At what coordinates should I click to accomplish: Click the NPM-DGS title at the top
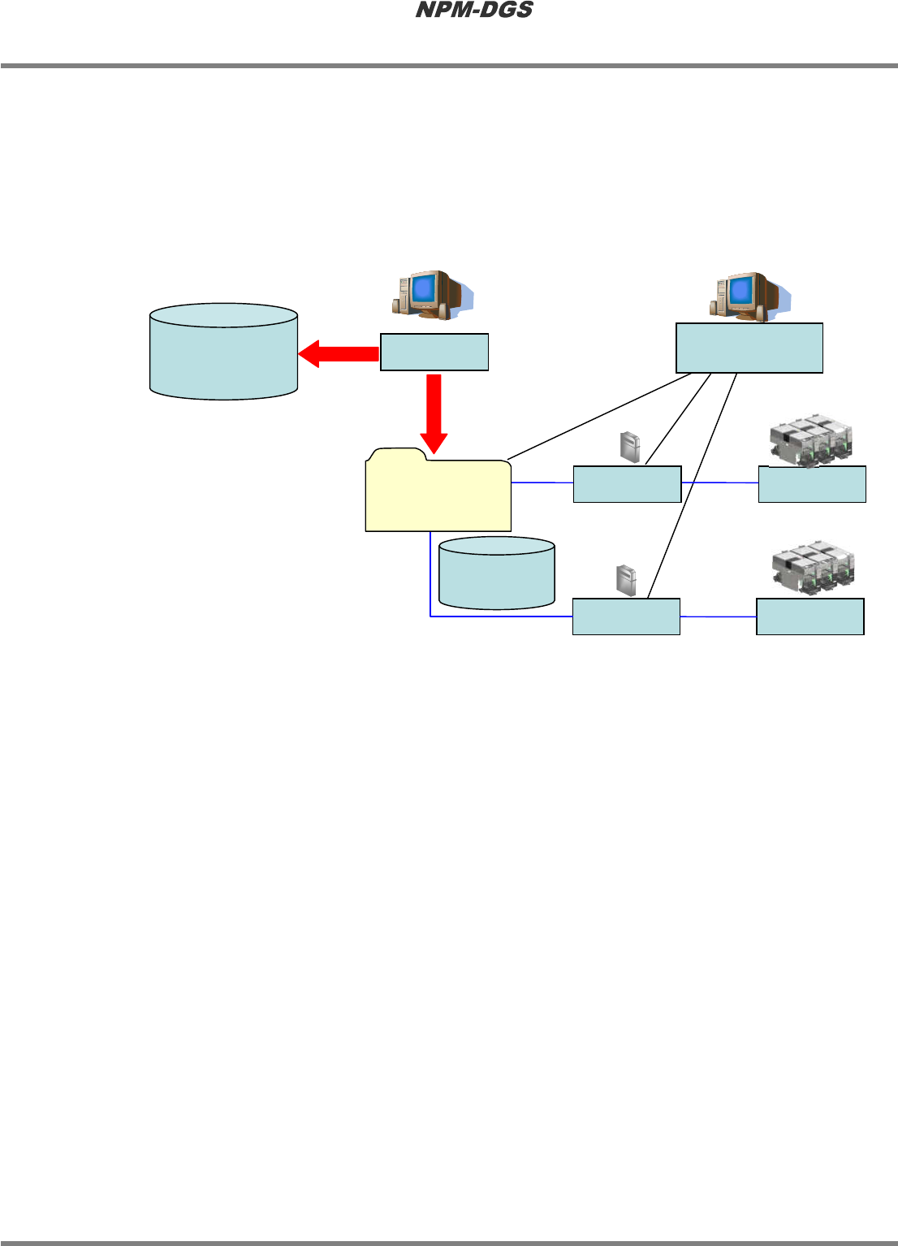pos(474,11)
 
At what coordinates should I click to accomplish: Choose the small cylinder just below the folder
pos(496,573)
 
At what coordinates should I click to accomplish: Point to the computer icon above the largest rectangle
pos(748,296)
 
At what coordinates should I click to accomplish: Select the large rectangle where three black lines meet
pos(749,348)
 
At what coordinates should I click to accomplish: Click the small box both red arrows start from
pos(434,352)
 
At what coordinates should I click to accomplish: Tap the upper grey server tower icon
pos(630,448)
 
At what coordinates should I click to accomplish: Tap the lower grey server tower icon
pos(625,580)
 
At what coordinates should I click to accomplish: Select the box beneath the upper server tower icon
pos(627,484)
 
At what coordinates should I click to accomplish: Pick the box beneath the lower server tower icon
pos(626,617)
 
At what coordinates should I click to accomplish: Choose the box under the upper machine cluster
pos(812,484)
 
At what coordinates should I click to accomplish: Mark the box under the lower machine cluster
pos(809,617)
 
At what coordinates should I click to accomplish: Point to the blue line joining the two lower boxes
pos(718,617)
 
